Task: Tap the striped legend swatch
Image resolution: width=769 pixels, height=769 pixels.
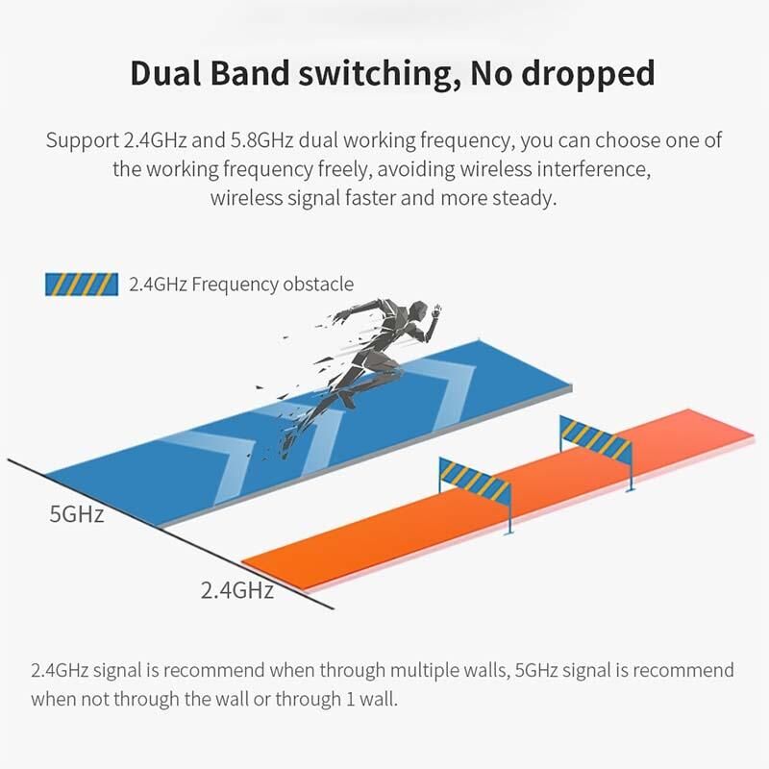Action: (x=82, y=284)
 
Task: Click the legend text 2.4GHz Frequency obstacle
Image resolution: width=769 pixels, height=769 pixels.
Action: (x=240, y=284)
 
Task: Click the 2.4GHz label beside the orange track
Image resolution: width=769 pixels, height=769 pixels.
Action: (x=236, y=589)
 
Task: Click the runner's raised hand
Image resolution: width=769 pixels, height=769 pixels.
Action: (x=437, y=310)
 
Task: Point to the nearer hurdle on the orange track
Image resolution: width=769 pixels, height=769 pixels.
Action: (x=474, y=480)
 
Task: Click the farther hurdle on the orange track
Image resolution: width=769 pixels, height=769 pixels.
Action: (x=595, y=438)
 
